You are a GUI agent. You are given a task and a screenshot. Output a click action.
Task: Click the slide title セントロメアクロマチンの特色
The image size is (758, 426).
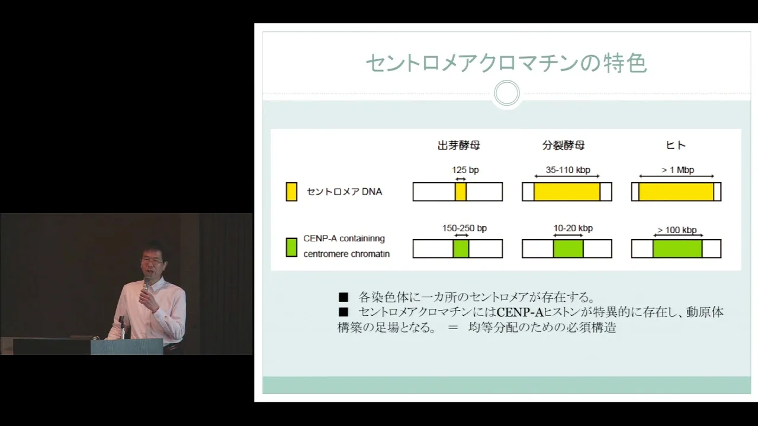coord(506,63)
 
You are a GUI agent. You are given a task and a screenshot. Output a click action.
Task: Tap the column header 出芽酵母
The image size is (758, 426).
coord(458,146)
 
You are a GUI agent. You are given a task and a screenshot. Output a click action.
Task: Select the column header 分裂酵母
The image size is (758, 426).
coord(563,146)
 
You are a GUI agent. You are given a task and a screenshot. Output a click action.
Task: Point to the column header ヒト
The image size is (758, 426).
coord(676,146)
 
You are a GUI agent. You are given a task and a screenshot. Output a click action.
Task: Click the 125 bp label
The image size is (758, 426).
coord(465,170)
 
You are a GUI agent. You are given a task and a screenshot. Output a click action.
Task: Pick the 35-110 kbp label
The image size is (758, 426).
coord(568,170)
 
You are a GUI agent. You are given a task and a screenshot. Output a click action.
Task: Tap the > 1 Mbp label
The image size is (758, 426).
coord(678,170)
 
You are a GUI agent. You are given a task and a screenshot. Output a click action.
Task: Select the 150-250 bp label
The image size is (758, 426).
coord(464,228)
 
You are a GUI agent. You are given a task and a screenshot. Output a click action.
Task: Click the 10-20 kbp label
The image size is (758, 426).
coord(573,228)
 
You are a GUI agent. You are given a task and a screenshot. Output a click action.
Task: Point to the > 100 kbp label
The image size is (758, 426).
coord(677,230)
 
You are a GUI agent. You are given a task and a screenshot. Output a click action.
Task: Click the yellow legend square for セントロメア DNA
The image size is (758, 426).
coord(291,192)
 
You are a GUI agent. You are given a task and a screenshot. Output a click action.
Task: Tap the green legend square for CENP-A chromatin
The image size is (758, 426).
coord(291,247)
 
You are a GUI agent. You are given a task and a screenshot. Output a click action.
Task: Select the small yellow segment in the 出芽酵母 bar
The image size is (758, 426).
coord(461,192)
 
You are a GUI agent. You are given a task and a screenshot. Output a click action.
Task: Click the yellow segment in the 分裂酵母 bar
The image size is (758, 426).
coord(567,192)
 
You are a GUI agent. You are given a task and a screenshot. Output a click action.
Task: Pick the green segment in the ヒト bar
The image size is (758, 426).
coord(677,248)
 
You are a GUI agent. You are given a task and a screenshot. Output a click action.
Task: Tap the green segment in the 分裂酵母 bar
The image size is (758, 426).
coord(568,248)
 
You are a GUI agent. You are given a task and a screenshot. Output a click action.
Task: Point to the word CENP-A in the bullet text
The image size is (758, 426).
coord(520,312)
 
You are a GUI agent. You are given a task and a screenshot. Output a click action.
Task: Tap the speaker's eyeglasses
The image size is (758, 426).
coord(152,261)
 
